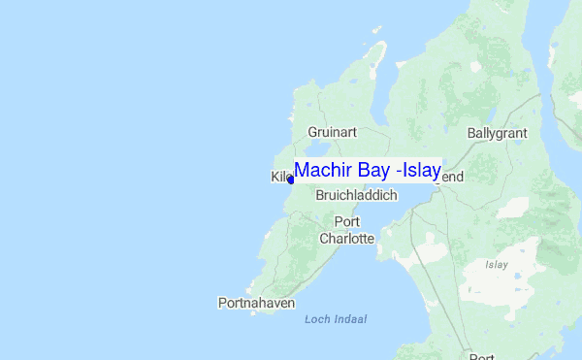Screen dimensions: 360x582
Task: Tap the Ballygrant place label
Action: coord(498,132)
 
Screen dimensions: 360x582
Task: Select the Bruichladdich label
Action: coord(357,196)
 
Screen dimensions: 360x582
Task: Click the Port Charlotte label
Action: coord(347,231)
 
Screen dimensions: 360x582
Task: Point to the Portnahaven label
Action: coord(256,304)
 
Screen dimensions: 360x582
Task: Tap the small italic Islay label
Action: coord(497,264)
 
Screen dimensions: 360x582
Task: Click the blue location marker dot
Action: coord(290,180)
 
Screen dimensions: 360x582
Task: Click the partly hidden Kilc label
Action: coord(279,177)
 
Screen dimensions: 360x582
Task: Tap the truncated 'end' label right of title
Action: coord(452,178)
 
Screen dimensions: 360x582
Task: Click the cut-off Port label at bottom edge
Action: coord(482,354)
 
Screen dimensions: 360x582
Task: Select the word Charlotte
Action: coord(347,239)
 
